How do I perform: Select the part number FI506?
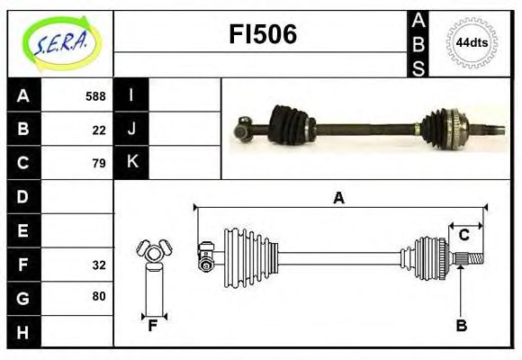261,35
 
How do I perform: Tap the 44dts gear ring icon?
472,42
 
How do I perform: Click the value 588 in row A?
95,96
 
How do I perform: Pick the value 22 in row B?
99,130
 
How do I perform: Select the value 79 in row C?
99,164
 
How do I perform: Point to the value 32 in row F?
99,265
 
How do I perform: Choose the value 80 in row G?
99,296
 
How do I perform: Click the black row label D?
23,196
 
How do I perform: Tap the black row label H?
23,332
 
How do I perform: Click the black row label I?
132,95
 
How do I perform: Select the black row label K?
132,163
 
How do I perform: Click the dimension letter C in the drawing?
463,236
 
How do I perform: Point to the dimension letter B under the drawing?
461,326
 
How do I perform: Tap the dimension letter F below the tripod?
153,326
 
